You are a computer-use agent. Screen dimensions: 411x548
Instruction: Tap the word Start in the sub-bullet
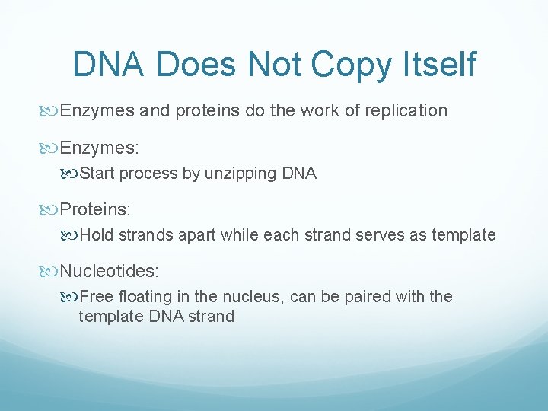96,174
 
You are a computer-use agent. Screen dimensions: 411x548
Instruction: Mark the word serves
365,235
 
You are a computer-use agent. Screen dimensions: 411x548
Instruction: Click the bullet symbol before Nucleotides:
51,269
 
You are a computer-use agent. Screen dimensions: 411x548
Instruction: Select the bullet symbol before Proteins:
51,208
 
